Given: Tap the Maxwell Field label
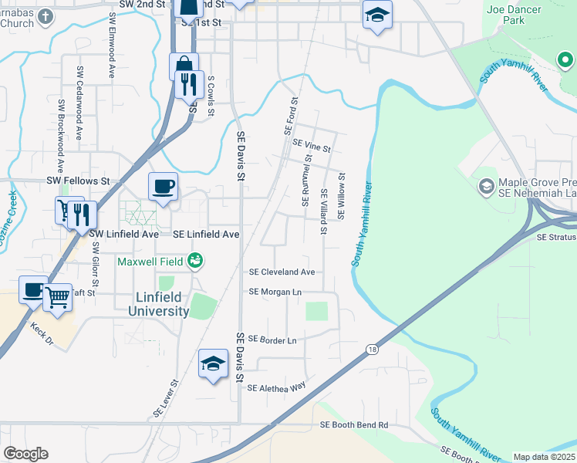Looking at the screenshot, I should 150,262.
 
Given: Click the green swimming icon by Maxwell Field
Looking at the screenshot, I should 195,262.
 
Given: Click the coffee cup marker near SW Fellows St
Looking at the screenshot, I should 163,186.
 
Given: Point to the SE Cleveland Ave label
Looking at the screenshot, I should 282,272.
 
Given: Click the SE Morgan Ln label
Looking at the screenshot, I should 275,292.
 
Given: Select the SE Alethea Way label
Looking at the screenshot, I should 276,387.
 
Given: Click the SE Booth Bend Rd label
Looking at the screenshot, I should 354,425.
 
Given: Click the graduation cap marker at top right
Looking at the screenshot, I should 377,14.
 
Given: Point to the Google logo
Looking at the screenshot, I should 25,454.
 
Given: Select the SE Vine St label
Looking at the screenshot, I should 312,147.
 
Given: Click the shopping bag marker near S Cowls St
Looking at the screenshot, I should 184,65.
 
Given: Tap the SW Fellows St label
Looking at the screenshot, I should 79,181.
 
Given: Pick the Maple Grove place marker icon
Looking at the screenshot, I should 487,186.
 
